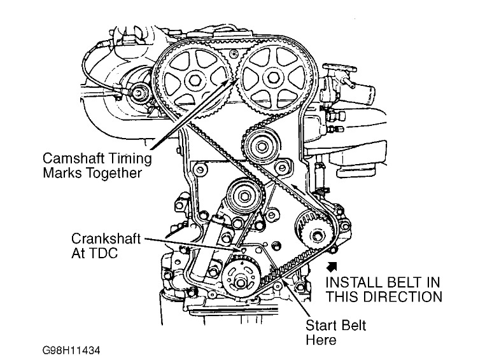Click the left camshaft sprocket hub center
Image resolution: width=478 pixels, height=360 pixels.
194,78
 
